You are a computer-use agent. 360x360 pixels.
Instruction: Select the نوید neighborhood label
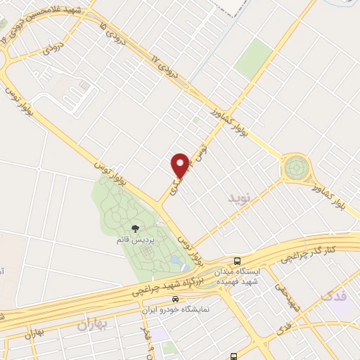point(239,198)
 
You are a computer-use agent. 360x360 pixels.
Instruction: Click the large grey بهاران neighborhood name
point(96,324)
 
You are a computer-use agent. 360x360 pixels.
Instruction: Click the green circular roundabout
point(295,169)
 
